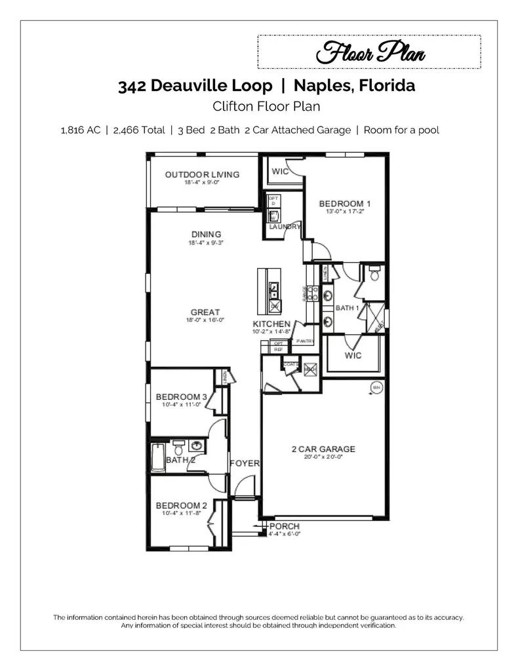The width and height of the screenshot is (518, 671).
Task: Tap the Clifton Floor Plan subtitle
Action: click(266, 106)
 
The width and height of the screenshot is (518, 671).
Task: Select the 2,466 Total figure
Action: click(139, 130)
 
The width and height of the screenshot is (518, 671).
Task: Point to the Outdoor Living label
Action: click(202, 175)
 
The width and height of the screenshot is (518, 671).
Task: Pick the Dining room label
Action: click(206, 235)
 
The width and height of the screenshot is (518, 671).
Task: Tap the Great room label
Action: click(205, 313)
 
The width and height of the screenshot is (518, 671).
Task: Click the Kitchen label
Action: click(271, 324)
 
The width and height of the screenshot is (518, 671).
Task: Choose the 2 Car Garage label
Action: click(323, 450)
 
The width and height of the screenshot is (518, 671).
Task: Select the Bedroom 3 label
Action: click(181, 397)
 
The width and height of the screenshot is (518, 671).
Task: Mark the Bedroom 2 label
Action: click(181, 505)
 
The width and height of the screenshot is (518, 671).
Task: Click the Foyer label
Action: click(245, 463)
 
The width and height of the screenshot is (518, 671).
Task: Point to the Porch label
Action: click(284, 526)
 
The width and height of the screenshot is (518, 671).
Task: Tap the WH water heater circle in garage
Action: click(376, 387)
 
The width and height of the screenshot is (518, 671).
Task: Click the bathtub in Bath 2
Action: click(157, 457)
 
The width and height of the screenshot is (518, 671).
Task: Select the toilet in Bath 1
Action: click(374, 275)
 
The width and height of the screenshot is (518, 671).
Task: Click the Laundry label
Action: click(285, 227)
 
